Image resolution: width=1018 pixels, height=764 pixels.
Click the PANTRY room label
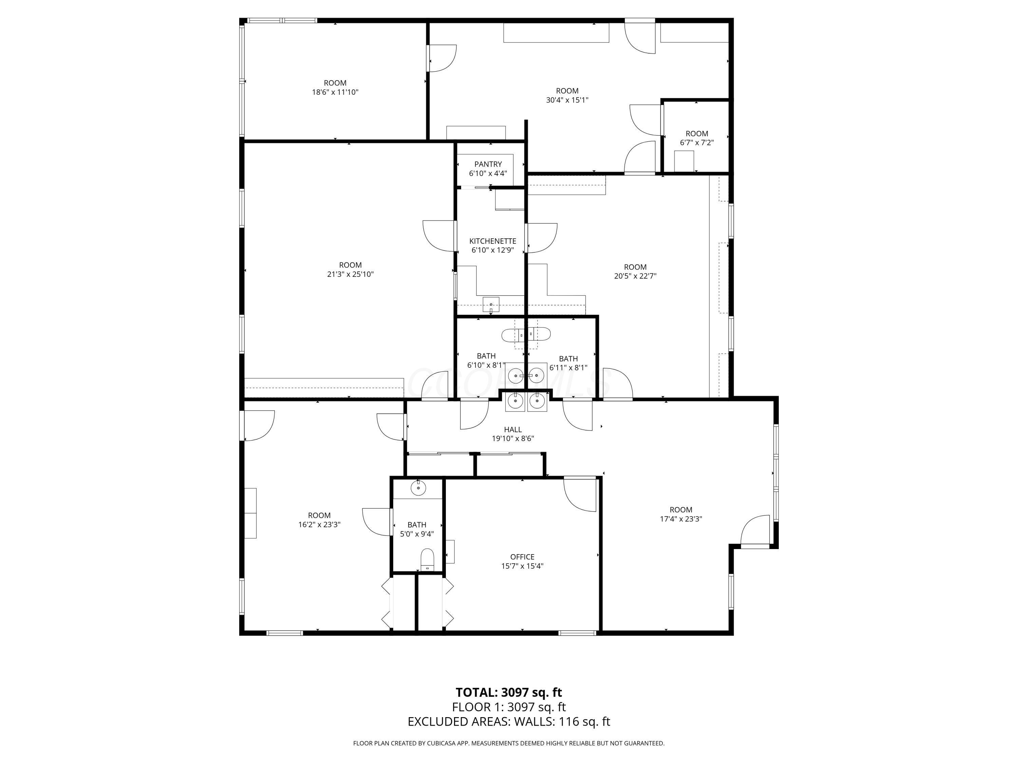pyautogui.click(x=488, y=164)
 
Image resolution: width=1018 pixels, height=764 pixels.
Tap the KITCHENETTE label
pyautogui.click(x=492, y=241)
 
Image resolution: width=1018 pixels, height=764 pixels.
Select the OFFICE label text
pyautogui.click(x=522, y=557)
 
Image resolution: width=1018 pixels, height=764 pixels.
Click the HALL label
pyautogui.click(x=513, y=430)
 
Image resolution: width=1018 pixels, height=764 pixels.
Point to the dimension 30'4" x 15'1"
pyautogui.click(x=567, y=100)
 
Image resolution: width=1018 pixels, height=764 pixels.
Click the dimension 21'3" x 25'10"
pyautogui.click(x=350, y=274)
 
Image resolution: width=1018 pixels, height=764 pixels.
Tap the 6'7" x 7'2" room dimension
pyautogui.click(x=696, y=143)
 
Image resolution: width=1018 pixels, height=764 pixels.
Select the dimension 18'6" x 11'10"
pyautogui.click(x=335, y=92)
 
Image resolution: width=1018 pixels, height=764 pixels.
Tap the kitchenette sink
pyautogui.click(x=491, y=304)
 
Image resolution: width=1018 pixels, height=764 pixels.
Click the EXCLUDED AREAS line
pyautogui.click(x=509, y=722)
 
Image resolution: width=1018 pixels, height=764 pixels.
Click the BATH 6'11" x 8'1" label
pyautogui.click(x=568, y=359)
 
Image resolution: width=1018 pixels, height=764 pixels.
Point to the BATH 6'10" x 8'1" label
pyautogui.click(x=486, y=356)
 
